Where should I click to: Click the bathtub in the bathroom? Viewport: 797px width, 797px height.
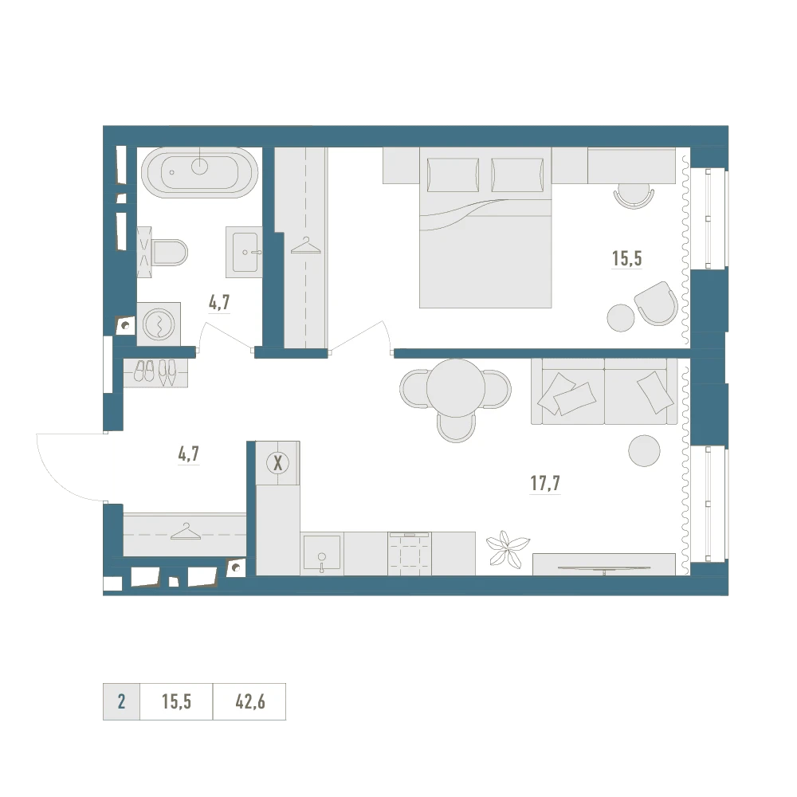pyautogui.click(x=199, y=171)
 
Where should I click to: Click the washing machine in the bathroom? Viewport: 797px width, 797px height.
pyautogui.click(x=159, y=324)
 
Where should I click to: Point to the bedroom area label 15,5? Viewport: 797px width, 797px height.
pyautogui.click(x=626, y=258)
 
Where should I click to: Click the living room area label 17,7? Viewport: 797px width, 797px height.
pyautogui.click(x=545, y=483)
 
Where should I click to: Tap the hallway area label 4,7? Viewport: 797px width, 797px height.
pyautogui.click(x=188, y=454)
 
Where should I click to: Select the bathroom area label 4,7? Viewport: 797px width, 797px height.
pyautogui.click(x=220, y=303)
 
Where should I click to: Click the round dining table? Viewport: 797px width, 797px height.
pyautogui.click(x=455, y=388)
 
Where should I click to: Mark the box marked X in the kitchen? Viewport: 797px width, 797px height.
pyautogui.click(x=278, y=462)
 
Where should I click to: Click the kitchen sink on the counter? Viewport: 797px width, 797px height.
pyautogui.click(x=321, y=552)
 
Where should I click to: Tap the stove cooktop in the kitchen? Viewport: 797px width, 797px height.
pyautogui.click(x=409, y=552)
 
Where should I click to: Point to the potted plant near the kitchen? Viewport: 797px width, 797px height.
pyautogui.click(x=507, y=548)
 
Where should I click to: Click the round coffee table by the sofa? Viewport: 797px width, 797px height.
pyautogui.click(x=644, y=451)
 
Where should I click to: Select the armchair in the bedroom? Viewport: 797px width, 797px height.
pyautogui.click(x=656, y=304)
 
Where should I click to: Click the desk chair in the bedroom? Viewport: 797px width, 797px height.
pyautogui.click(x=634, y=194)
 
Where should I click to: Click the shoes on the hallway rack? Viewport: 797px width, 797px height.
pyautogui.click(x=155, y=371)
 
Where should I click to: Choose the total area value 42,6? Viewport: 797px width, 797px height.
pyautogui.click(x=249, y=702)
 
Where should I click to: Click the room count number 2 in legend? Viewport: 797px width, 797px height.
pyautogui.click(x=121, y=702)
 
